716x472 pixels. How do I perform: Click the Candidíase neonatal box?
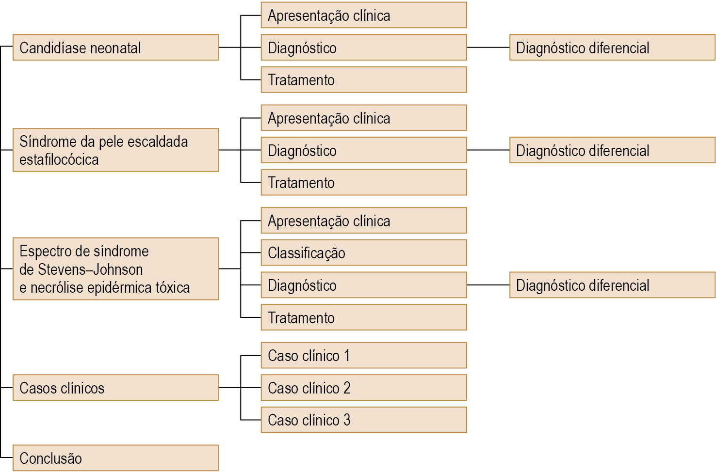click(116, 47)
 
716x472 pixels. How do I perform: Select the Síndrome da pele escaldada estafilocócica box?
click(116, 150)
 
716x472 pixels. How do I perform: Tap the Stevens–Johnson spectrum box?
click(116, 269)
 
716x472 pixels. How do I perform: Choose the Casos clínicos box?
click(116, 388)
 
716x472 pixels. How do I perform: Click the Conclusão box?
click(116, 458)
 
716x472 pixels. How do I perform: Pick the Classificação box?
click(364, 252)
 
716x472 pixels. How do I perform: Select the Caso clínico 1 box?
click(364, 355)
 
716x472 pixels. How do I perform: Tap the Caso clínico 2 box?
click(364, 388)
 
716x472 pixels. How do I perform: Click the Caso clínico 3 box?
click(364, 420)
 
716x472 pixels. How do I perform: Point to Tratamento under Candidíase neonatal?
click(364, 80)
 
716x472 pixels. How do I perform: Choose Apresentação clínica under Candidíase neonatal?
click(364, 15)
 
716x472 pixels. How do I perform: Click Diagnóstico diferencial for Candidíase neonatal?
click(613, 47)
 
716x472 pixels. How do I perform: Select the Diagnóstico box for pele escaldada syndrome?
click(364, 150)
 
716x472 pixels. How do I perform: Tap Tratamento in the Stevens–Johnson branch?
click(364, 317)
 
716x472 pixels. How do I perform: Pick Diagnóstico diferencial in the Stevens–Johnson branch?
click(613, 285)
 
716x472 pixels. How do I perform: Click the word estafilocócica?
click(59, 159)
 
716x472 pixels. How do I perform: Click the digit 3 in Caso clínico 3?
click(347, 420)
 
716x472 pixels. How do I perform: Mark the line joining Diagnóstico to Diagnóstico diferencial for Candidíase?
click(488, 47)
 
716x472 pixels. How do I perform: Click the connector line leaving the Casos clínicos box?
click(229, 388)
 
